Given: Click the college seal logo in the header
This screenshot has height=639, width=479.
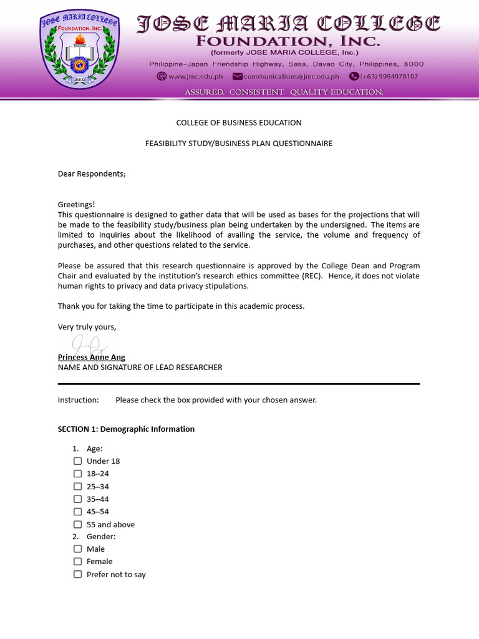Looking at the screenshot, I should [79, 49].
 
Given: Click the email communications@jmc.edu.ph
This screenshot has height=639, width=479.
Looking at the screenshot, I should [291, 77].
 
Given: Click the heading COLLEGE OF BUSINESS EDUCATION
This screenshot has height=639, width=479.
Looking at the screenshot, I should [239, 123].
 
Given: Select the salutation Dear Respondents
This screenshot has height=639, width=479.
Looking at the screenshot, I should [92, 173].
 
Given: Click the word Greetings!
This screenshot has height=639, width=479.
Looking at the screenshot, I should [77, 205].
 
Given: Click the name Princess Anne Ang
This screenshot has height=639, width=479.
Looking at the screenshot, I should [92, 357].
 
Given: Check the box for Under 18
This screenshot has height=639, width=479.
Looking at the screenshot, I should [78, 461].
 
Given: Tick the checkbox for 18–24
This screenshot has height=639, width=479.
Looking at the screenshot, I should [78, 474].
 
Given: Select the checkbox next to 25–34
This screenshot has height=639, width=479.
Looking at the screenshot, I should [78, 486].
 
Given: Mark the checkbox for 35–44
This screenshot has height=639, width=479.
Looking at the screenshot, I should [78, 499].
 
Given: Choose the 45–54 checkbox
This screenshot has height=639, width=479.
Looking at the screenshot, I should [78, 512].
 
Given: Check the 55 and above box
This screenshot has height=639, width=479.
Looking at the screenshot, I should [78, 525].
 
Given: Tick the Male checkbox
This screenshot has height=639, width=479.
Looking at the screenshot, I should [78, 549].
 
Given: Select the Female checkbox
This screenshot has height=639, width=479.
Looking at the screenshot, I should [78, 562].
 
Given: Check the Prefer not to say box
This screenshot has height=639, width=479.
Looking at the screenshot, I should [78, 574].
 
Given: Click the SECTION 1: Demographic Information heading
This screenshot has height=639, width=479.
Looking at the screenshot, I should [126, 429].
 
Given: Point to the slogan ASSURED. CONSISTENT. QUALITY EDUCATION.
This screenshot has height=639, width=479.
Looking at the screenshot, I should [284, 92].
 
